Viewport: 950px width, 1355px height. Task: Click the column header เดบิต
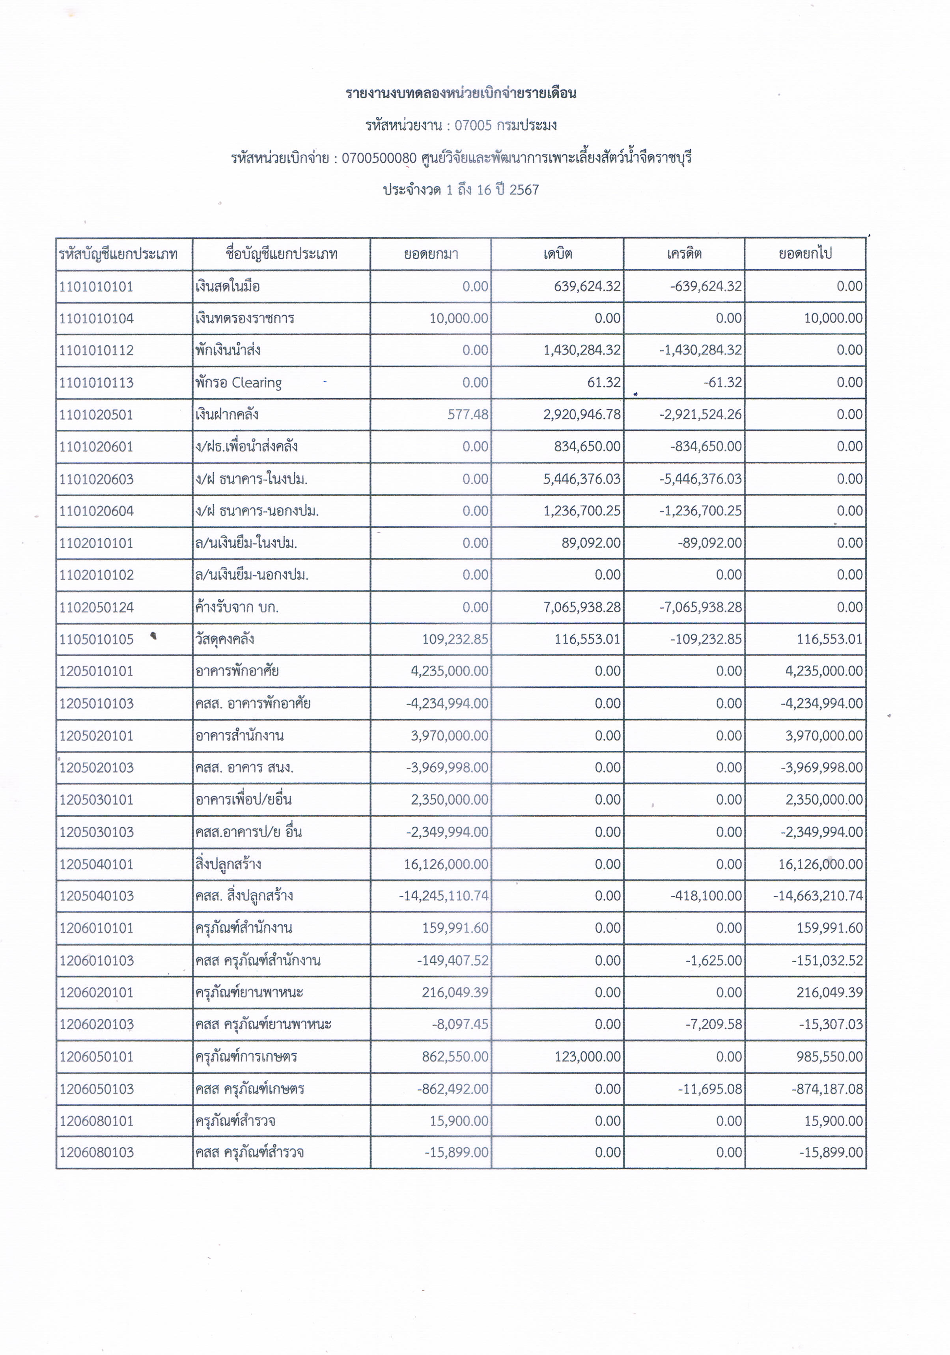tap(558, 254)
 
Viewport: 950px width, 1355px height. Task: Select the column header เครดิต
tap(684, 254)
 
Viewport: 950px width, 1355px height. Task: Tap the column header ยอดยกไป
tap(805, 254)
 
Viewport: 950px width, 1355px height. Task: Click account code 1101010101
tap(96, 287)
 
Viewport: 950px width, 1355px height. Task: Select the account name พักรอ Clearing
tap(238, 383)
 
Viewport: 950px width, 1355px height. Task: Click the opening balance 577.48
tap(468, 414)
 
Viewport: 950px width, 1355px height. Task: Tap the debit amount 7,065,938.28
tap(582, 607)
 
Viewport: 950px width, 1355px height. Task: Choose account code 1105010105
tap(96, 639)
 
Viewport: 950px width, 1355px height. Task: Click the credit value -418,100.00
tap(706, 896)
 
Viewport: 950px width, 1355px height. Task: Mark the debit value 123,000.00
tap(588, 1056)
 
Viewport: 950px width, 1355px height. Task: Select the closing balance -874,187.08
tap(827, 1089)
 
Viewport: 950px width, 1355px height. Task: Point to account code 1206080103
tap(96, 1153)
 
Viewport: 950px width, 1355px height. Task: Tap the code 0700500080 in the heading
tap(379, 158)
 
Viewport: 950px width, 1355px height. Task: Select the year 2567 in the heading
tap(524, 190)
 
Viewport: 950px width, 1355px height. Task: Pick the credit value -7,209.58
tap(713, 1025)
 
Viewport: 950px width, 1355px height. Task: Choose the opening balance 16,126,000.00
tap(446, 864)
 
